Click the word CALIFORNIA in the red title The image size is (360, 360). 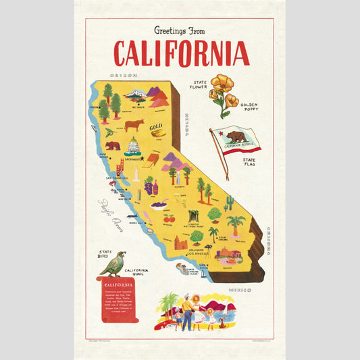(181, 53)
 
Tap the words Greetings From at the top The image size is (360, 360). (180, 30)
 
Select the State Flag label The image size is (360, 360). (252, 163)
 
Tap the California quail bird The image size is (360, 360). (112, 263)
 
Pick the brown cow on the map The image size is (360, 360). (134, 125)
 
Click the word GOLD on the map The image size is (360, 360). (157, 126)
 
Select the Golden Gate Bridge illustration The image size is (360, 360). (120, 167)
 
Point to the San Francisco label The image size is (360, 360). (115, 178)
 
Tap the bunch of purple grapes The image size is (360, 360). (148, 186)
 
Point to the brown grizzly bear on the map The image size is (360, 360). (112, 145)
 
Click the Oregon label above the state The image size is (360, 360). (126, 76)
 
